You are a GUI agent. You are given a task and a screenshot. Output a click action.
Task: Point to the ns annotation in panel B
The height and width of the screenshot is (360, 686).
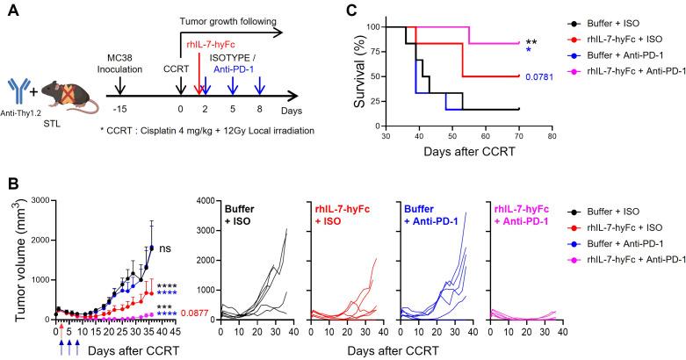coord(165,249)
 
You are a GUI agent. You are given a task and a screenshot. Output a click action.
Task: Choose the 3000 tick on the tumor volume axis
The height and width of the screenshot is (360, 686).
coord(33,201)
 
